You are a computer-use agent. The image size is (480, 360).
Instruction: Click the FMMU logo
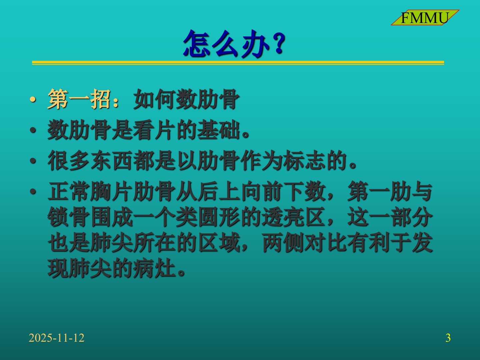(425, 17)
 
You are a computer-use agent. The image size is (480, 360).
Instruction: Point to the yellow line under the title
(238, 63)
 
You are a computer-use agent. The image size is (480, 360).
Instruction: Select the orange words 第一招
(79, 99)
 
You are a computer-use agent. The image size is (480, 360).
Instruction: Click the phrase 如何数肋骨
(186, 99)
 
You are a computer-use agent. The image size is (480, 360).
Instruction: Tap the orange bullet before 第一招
(33, 99)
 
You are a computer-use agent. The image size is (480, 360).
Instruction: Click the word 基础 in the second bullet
(218, 130)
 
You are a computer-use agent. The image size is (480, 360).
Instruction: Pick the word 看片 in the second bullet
(154, 130)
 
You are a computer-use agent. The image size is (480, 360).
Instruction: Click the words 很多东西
(90, 161)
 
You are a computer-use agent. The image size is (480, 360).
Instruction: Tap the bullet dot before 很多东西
(33, 161)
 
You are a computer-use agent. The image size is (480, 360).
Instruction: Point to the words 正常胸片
(90, 191)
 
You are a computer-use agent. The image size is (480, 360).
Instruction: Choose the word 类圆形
(208, 217)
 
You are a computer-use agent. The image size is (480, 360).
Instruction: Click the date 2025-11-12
(56, 338)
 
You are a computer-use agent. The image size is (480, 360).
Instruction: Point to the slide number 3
(448, 338)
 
